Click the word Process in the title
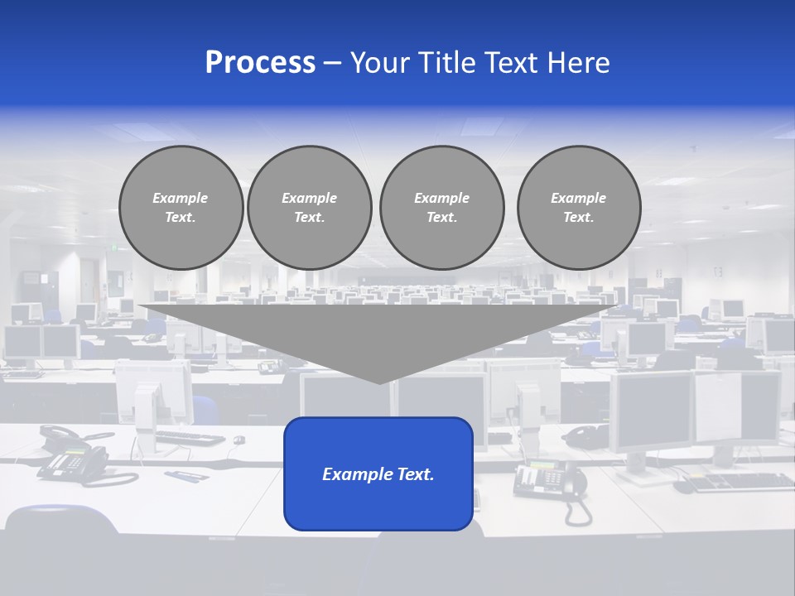[260, 63]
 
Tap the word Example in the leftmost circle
[180, 198]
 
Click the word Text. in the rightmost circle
[579, 217]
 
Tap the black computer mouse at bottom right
[684, 487]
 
